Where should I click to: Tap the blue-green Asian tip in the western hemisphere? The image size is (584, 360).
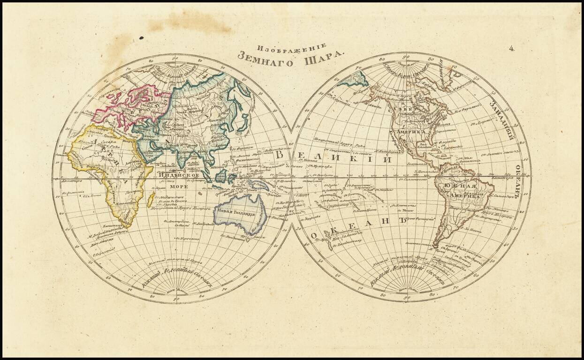click(x=353, y=80)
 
